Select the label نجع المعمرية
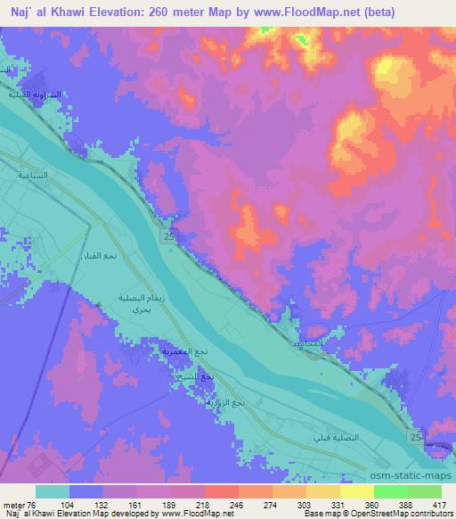(183, 353)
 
